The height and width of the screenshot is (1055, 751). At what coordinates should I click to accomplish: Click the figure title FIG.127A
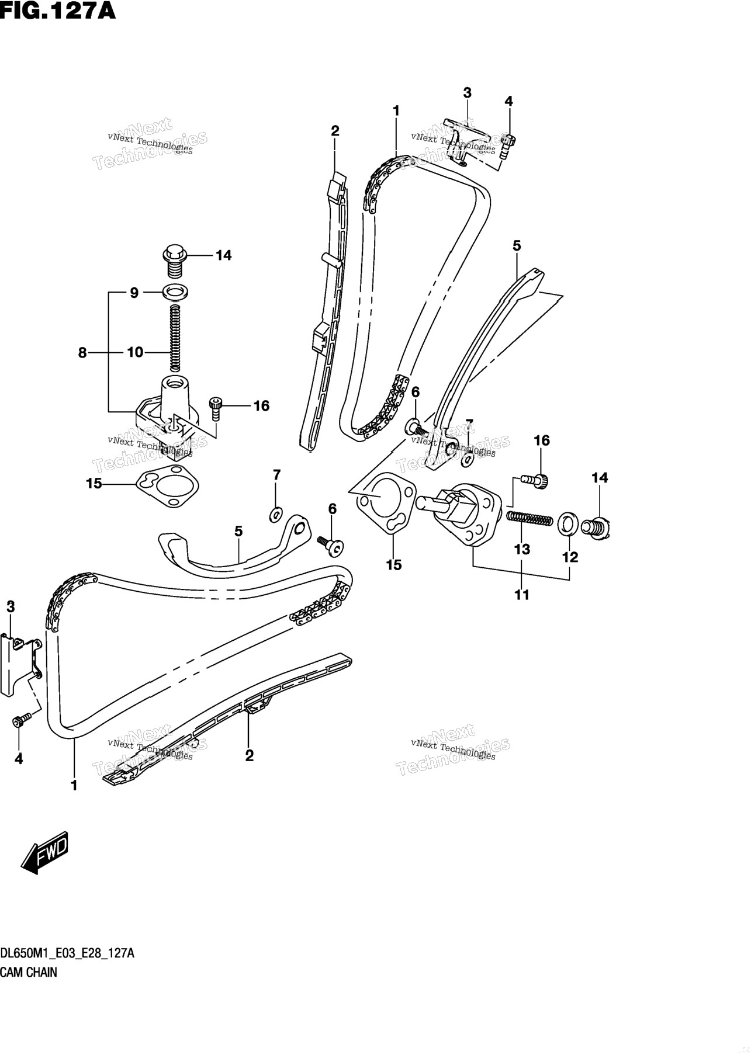(x=58, y=11)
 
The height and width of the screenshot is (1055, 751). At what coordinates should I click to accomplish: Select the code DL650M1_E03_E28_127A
(x=68, y=954)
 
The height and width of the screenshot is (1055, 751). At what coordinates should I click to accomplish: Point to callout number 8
(x=82, y=352)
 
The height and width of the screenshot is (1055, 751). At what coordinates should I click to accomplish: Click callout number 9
(x=134, y=293)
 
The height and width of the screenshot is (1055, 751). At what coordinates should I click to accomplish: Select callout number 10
(x=134, y=352)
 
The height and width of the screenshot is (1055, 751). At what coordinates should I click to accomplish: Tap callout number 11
(x=521, y=595)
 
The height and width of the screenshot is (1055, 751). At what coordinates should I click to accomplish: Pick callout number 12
(x=570, y=557)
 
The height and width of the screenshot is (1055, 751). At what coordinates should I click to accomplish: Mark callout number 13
(x=522, y=549)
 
